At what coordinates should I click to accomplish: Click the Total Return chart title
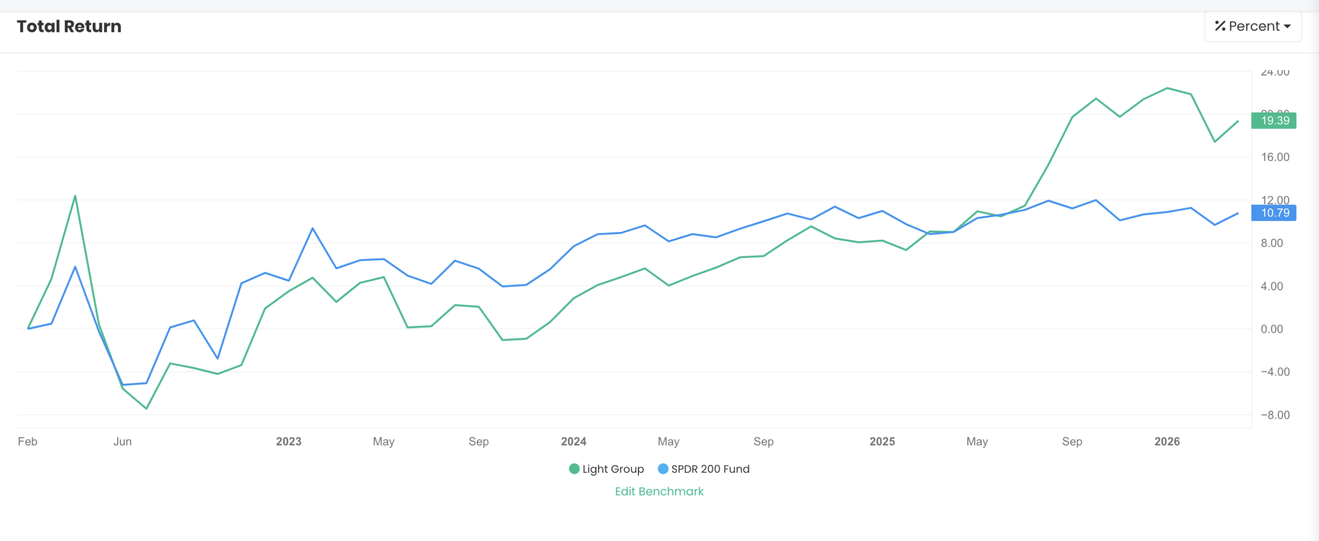tap(69, 26)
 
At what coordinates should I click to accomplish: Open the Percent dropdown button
tap(1253, 26)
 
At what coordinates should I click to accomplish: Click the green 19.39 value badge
tap(1274, 121)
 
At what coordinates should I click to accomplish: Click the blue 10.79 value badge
tap(1274, 213)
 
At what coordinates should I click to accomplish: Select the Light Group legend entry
tap(606, 469)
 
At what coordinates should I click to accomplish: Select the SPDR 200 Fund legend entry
tap(704, 469)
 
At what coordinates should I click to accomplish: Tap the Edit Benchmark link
tap(659, 491)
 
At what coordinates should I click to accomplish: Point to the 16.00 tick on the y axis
tap(1275, 157)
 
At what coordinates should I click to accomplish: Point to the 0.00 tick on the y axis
tap(1272, 329)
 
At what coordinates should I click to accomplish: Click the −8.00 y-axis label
tap(1275, 415)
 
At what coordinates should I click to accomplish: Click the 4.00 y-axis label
tap(1272, 286)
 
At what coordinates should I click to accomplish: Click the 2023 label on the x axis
tap(289, 441)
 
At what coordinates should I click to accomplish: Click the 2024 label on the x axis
tap(573, 441)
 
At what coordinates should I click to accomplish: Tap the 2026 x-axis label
tap(1167, 441)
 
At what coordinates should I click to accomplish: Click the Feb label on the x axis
tap(27, 441)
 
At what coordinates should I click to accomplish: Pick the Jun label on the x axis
tap(123, 441)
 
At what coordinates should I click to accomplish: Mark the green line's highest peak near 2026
tap(1168, 88)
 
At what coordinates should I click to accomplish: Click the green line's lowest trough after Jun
tap(147, 408)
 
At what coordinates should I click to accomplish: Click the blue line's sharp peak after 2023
tap(313, 228)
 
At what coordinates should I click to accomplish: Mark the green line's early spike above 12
tap(75, 196)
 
